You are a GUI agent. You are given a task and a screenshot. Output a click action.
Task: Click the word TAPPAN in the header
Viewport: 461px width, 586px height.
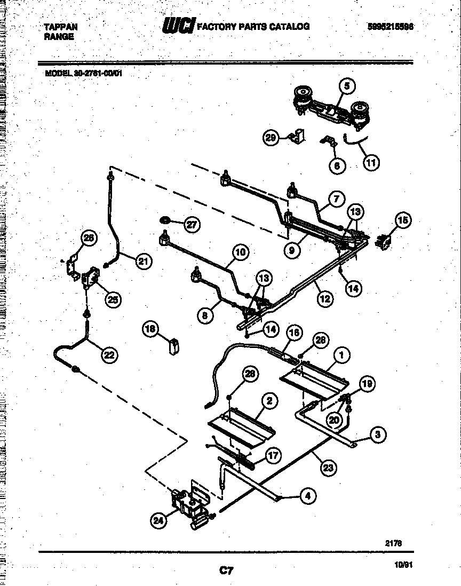click(60, 27)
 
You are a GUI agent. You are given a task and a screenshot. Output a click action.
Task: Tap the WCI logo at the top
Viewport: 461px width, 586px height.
click(178, 26)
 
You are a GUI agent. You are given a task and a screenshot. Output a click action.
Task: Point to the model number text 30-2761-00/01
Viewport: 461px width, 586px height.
click(96, 74)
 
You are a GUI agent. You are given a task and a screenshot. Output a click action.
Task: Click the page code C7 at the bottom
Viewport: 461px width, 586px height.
click(227, 571)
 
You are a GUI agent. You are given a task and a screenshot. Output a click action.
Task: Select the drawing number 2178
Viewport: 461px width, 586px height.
click(393, 543)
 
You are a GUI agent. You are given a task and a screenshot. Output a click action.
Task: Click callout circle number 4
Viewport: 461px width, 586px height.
click(307, 496)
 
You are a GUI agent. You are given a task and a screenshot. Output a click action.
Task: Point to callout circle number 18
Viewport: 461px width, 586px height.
click(150, 329)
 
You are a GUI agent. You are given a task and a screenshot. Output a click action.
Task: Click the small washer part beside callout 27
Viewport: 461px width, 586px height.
click(165, 220)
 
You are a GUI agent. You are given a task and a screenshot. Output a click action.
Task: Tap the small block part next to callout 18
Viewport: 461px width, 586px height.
click(173, 346)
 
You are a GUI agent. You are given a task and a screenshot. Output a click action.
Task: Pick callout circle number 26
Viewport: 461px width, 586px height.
click(89, 238)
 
